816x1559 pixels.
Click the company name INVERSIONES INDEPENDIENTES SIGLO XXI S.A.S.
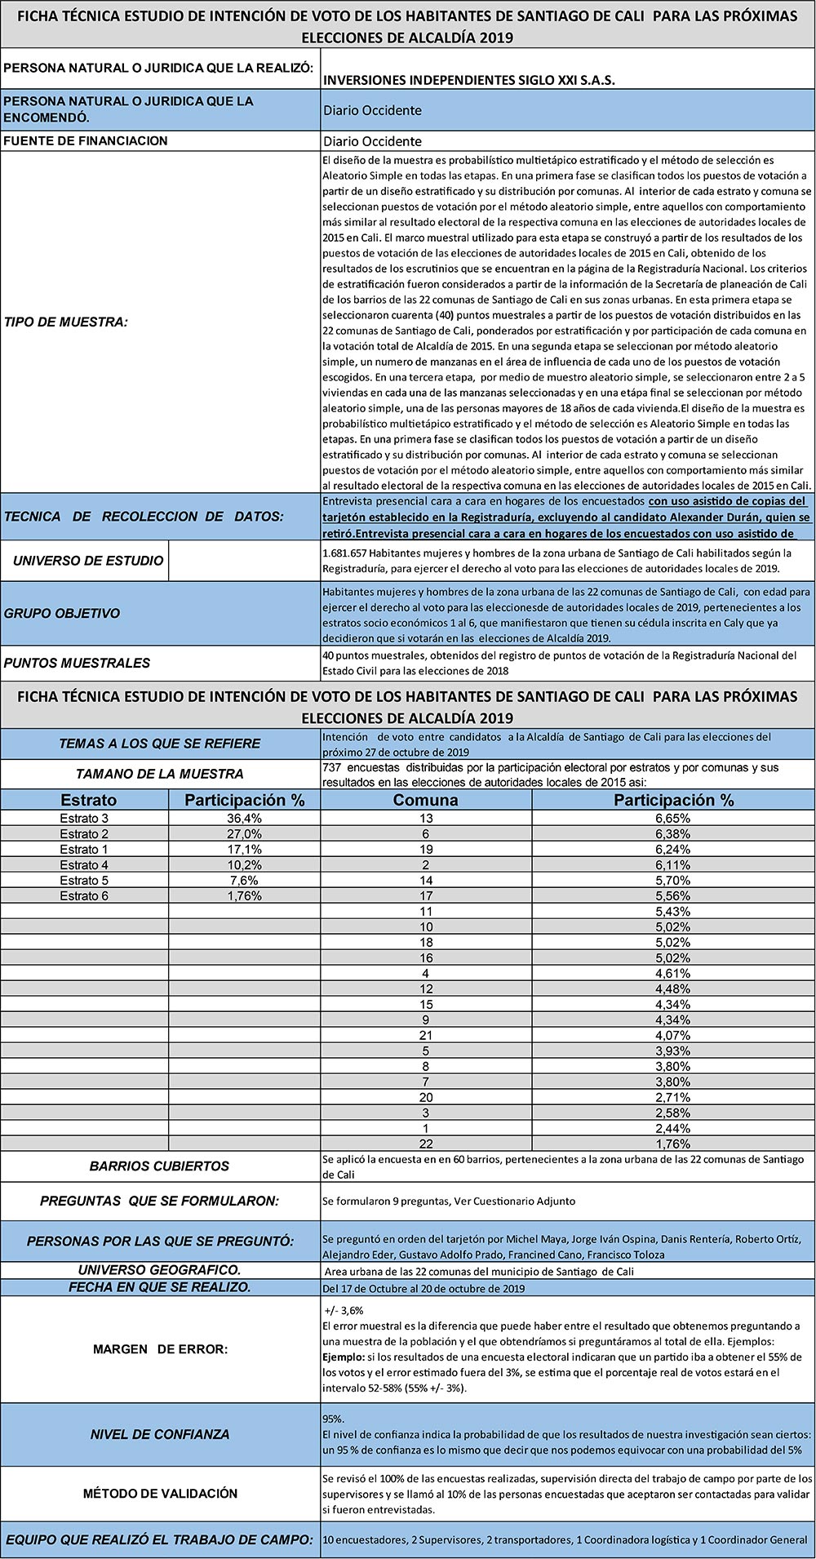pos(469,81)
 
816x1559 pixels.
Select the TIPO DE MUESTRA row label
pos(66,322)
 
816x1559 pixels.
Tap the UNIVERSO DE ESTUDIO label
pos(88,561)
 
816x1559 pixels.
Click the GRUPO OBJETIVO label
pos(62,614)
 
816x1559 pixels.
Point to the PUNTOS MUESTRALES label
pos(78,663)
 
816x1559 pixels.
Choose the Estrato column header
pos(89,800)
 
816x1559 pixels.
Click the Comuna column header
pos(426,800)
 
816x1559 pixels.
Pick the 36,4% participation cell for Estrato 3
pos(245,819)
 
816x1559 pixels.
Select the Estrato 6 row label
pos(84,896)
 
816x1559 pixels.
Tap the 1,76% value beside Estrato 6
pos(245,896)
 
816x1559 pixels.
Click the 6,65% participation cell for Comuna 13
pos(673,819)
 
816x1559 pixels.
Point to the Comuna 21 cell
pos(426,1036)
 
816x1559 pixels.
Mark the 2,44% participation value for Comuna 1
pos(673,1129)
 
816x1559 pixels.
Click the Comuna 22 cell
pos(426,1144)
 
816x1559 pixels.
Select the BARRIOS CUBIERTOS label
pos(160,1166)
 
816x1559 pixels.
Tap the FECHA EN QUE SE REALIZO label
pos(160,1287)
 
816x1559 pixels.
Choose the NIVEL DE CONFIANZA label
pos(160,1434)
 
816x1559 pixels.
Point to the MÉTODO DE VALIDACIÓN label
pos(160,1493)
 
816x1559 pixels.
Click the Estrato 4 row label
pos(84,865)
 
